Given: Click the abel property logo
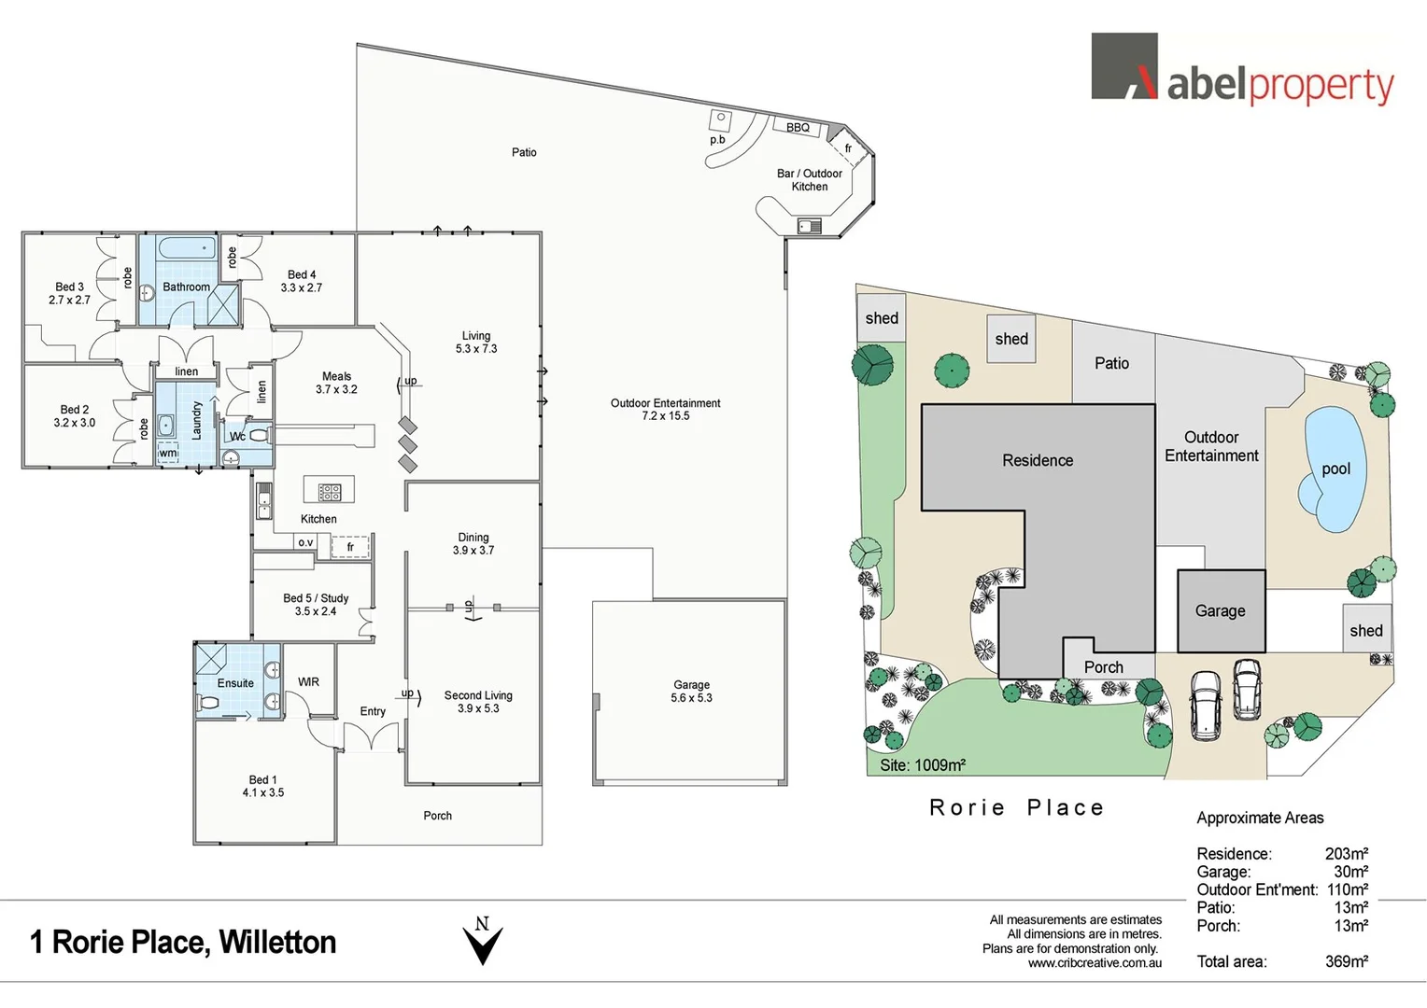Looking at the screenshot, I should click(x=1242, y=69).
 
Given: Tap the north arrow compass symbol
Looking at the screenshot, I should click(x=483, y=941).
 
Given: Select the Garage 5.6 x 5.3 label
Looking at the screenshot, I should click(x=691, y=692).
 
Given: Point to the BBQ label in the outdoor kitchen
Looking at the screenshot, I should click(x=798, y=128).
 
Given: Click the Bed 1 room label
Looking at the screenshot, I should click(x=262, y=786).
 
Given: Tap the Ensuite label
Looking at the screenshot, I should click(x=235, y=683).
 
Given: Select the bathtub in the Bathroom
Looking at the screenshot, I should click(x=187, y=250).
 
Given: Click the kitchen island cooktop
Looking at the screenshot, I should click(x=329, y=491).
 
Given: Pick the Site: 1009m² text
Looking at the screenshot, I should click(x=923, y=765).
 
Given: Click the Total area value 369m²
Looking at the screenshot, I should click(x=1346, y=961).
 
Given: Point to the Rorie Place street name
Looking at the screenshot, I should click(x=1017, y=807).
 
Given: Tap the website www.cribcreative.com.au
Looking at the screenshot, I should click(x=1095, y=963).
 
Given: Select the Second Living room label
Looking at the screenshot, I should click(x=478, y=702).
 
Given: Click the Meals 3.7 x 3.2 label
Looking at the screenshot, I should click(x=336, y=383).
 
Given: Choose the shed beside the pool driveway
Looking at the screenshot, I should click(x=1365, y=630).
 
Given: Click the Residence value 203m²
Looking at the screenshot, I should click(x=1346, y=853).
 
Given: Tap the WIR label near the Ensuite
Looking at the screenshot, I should click(x=308, y=682).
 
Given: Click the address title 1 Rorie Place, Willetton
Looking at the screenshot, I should click(x=183, y=942).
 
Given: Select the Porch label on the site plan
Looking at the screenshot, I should click(x=1103, y=667).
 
